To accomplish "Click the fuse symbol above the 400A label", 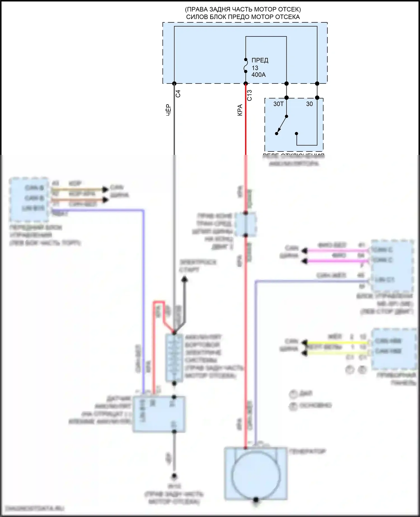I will tap(246, 66).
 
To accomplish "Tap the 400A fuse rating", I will tap(258, 75).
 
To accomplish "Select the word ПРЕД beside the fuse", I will tap(260, 60).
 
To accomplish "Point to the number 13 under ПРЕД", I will tap(255, 68).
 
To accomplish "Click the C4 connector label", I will tap(178, 94).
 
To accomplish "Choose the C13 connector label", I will tap(249, 95).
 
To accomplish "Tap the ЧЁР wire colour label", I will tap(168, 110).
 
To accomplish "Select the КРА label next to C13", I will tap(240, 110).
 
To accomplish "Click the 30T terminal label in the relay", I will tap(278, 104).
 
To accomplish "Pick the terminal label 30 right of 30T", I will tap(309, 104).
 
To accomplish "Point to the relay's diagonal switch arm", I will tap(282, 125).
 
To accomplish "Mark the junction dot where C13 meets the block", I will tap(246, 83).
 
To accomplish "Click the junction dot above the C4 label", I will tap(174, 83).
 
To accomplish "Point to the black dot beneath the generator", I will tap(256, 500).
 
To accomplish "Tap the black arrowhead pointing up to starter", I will tap(184, 279).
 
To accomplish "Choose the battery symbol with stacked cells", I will tap(174, 358).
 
